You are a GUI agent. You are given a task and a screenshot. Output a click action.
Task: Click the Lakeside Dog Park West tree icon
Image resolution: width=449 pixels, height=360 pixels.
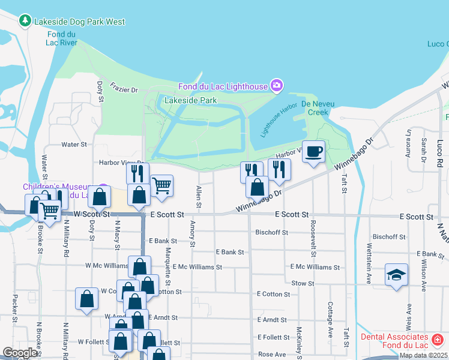tap(25, 22)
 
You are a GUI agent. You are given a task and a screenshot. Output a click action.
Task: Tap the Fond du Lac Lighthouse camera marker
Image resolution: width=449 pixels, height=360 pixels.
tap(276, 86)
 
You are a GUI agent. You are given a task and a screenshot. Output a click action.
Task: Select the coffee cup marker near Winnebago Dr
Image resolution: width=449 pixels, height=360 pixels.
tap(313, 152)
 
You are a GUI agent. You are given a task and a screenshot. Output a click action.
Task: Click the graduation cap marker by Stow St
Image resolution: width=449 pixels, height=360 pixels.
tap(396, 275)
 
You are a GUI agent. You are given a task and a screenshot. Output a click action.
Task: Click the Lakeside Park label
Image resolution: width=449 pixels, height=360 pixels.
tap(190, 101)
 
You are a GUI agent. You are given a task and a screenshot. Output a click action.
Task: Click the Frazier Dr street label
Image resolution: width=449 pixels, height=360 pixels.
tap(124, 87)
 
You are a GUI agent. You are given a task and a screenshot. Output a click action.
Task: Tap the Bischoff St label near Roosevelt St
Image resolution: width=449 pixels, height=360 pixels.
tap(272, 232)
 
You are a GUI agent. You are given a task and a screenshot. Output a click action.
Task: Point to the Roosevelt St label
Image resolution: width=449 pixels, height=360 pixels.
tap(313, 234)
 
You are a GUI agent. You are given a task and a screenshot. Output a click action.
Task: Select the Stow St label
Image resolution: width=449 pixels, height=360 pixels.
tap(303, 283)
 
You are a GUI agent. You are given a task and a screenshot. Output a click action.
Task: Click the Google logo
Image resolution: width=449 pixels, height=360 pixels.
tap(20, 353)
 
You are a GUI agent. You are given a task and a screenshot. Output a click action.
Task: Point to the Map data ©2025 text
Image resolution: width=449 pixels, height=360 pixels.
tap(423, 355)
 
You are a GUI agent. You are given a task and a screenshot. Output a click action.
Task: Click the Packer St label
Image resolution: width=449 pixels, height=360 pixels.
tap(14, 307)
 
